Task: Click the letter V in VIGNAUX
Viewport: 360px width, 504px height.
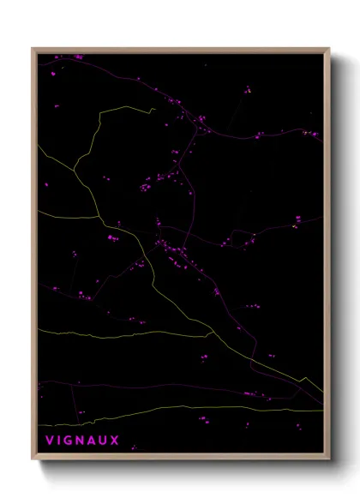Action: pyautogui.click(x=49, y=441)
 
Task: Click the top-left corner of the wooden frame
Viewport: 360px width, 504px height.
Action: pyautogui.click(x=33, y=48)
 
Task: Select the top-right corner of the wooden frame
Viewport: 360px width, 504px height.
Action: pyautogui.click(x=330, y=48)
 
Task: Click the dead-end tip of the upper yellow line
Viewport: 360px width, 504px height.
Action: pyautogui.click(x=154, y=109)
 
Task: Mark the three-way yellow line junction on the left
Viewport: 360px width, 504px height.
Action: pyautogui.click(x=75, y=168)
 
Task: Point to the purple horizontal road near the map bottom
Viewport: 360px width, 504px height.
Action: pyautogui.click(x=171, y=387)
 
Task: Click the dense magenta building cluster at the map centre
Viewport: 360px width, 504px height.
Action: pyautogui.click(x=171, y=251)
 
